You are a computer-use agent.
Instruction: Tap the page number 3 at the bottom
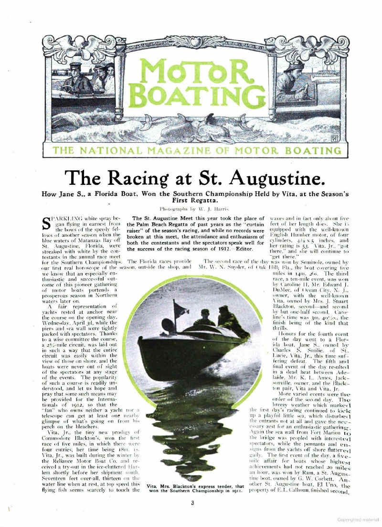(x=192, y=503)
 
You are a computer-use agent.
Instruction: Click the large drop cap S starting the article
(x=47, y=223)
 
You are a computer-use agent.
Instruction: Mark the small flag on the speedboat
(x=180, y=309)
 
